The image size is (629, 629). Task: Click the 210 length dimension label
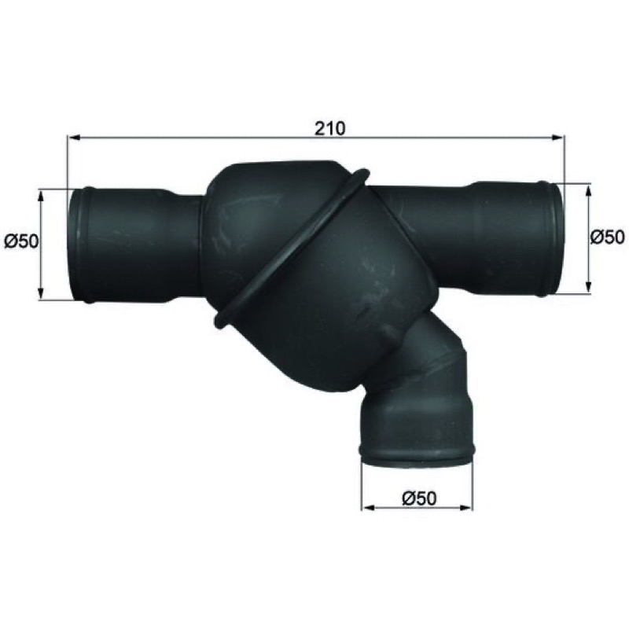coord(329,128)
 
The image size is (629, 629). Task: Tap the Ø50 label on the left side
coord(22,241)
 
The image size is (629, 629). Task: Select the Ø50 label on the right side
coord(607,237)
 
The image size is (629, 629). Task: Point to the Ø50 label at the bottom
coord(419,498)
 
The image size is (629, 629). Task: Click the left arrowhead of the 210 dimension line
coord(74,138)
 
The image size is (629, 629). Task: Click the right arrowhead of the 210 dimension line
coord(558,138)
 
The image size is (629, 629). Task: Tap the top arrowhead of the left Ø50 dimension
coord(41,197)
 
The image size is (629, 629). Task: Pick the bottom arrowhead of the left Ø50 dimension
coord(41,293)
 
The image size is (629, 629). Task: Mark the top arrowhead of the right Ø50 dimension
coord(588,191)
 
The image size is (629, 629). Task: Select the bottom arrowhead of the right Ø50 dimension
coord(588,286)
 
